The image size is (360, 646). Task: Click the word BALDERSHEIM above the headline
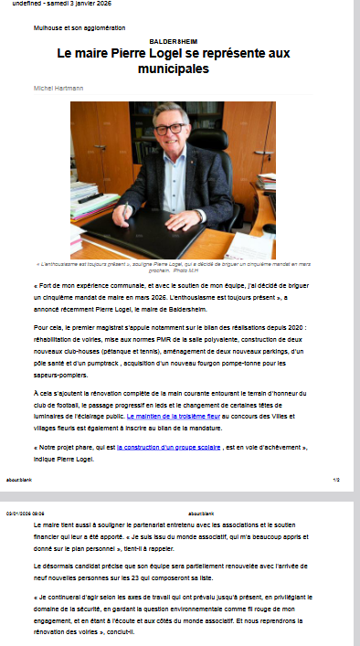tap(179, 41)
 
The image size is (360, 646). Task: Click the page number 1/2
tap(336, 480)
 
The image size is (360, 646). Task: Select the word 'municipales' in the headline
tap(179, 69)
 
